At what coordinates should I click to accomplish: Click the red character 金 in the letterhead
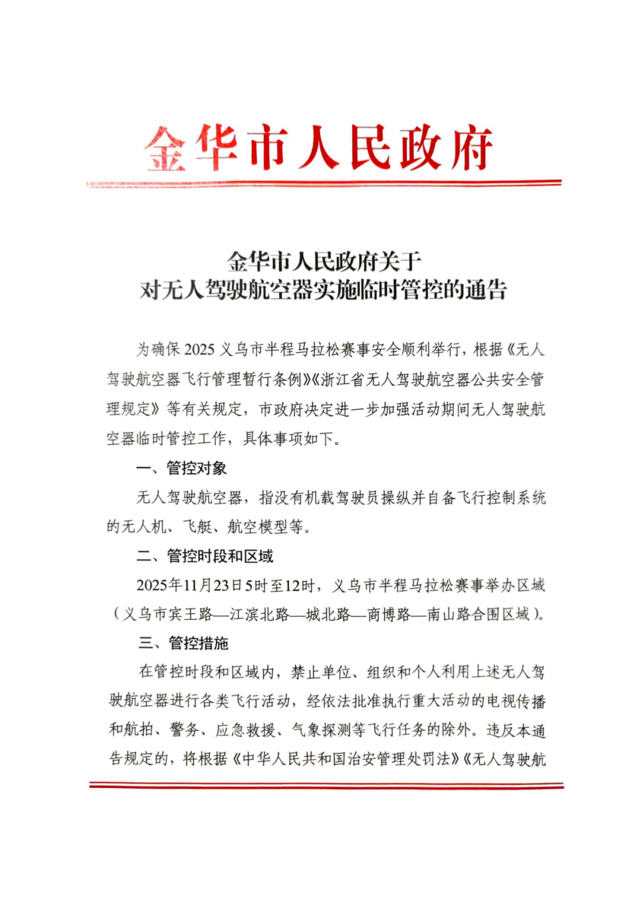165,149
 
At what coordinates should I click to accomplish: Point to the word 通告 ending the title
486,290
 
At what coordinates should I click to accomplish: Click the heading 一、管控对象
181,468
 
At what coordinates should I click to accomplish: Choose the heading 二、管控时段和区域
205,556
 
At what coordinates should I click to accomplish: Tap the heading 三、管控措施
183,643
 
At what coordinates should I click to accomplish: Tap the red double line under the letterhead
324,184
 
